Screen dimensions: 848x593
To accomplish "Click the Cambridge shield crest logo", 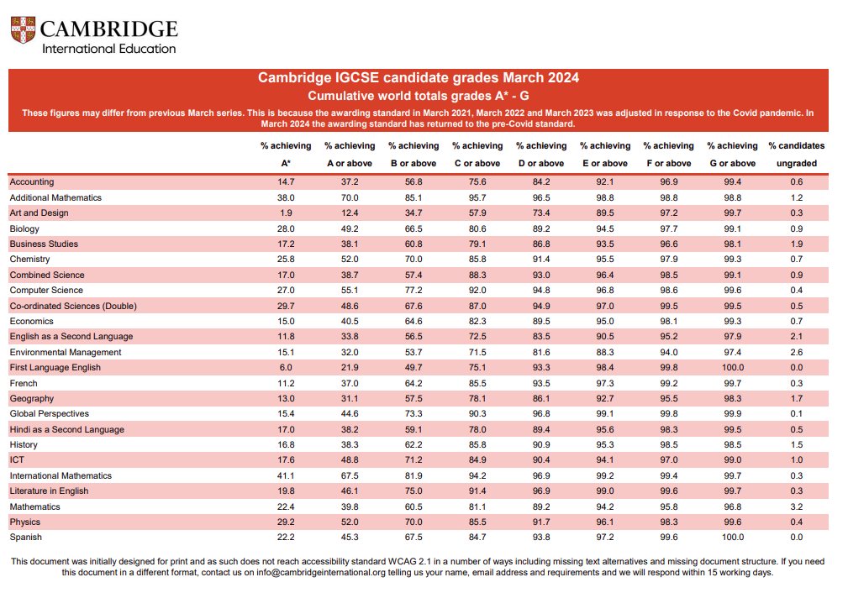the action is [24, 29].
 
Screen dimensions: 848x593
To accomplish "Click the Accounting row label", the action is [32, 182].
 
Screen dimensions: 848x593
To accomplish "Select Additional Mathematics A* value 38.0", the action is [286, 198].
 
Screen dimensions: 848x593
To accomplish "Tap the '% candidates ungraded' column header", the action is [797, 155].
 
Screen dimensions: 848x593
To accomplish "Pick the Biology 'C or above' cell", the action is [477, 228].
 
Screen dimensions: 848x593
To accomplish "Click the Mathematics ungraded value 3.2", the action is [797, 507].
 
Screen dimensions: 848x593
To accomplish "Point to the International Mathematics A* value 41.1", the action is [286, 475].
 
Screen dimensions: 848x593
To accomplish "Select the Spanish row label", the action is [25, 538].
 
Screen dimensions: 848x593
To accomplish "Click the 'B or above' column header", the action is [413, 155].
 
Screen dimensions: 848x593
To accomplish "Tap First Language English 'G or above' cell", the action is [733, 368].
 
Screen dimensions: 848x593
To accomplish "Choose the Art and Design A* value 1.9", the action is [286, 213].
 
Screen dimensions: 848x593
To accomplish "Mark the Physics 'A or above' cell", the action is [350, 522].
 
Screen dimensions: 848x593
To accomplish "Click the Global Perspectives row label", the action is [50, 414].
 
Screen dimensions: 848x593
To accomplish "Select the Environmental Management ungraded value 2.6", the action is [797, 353].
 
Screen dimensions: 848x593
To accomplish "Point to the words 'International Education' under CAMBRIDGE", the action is [109, 49].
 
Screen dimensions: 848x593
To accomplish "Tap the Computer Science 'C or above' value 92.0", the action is [477, 291].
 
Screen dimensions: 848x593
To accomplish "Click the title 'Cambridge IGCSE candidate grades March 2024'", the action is [418, 78].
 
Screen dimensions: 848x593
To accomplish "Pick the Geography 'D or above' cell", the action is [541, 399].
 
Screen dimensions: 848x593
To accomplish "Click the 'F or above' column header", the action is [669, 155].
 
